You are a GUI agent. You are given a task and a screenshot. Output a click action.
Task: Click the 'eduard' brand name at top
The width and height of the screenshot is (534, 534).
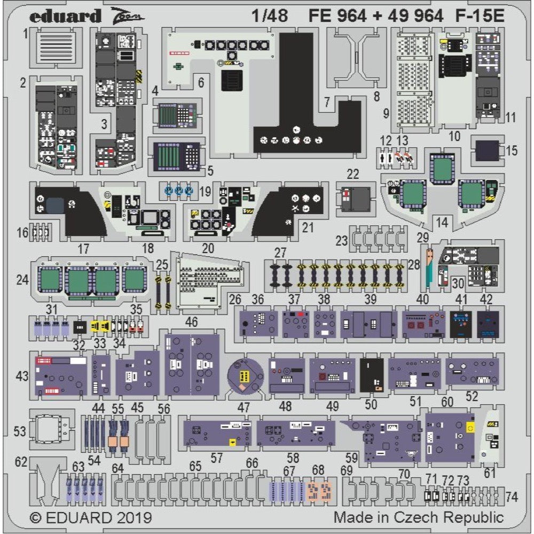click(65, 17)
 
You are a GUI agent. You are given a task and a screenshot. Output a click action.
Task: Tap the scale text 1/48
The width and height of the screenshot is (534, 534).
click(270, 17)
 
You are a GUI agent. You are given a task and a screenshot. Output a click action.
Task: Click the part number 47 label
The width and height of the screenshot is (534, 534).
click(244, 407)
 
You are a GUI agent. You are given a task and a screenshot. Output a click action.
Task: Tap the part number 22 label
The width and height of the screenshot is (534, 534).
click(353, 175)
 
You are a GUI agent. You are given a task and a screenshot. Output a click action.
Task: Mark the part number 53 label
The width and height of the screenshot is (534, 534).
click(20, 431)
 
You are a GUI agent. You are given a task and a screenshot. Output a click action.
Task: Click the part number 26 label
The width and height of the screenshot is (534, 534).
click(235, 300)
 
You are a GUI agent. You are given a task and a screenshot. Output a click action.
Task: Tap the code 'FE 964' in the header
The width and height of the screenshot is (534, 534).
click(337, 17)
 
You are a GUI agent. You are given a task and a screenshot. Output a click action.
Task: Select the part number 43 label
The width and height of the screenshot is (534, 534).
click(22, 376)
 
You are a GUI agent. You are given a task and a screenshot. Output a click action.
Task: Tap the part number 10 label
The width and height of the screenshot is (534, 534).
click(454, 136)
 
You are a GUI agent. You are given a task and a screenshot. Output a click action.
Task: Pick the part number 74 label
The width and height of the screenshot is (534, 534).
click(511, 497)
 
